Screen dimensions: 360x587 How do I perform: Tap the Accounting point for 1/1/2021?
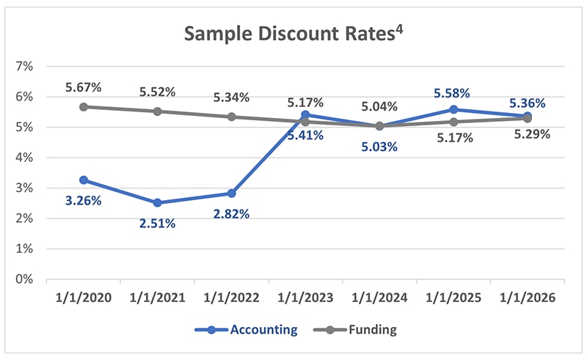pos(158,203)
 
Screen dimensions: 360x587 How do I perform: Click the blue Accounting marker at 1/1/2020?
pos(84,180)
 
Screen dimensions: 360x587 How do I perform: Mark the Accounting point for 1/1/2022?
pos(231,194)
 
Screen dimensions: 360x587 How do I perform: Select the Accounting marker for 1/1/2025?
pos(453,109)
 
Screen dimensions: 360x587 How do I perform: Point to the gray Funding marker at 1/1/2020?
pos(84,106)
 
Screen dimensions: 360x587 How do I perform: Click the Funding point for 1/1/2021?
pos(158,111)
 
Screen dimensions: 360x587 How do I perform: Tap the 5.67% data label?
pos(83,87)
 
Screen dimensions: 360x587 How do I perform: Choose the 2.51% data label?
pos(157,224)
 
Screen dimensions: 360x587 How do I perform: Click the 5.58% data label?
pos(452,92)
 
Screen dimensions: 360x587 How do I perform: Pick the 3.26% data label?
pos(83,199)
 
